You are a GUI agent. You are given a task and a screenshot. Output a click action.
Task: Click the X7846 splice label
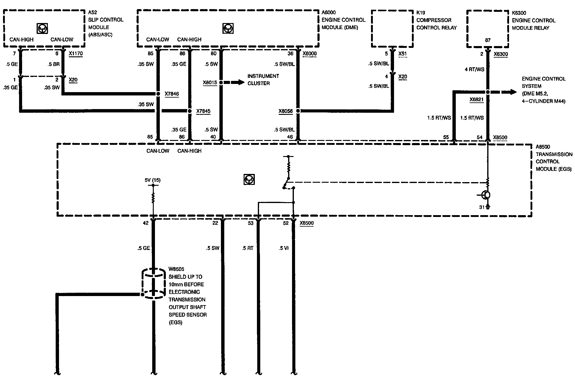coord(172,94)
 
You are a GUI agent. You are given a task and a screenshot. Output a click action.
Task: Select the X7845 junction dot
coord(190,111)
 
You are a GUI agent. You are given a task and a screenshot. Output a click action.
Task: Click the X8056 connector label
coord(285,111)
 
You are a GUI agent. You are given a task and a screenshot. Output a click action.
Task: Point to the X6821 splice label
coord(476,99)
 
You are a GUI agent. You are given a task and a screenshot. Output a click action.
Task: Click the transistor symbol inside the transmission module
coord(486,195)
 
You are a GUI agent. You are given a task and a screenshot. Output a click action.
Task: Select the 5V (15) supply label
coord(153,180)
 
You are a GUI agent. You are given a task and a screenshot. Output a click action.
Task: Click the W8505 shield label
coord(176,269)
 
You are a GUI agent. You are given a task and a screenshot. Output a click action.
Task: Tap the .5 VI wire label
coord(284,248)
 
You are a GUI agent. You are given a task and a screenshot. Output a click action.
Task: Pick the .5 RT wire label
coord(247,248)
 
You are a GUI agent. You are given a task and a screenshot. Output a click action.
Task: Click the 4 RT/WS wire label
coord(474,69)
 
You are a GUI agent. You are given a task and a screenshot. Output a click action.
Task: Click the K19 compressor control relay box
coord(392,29)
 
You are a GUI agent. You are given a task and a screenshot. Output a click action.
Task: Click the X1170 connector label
coord(76,54)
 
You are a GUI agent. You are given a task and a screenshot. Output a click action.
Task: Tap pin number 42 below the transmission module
coord(146,223)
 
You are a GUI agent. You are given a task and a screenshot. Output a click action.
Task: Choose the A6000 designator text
coord(329,13)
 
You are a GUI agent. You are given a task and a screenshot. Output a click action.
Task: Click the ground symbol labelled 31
coord(487,207)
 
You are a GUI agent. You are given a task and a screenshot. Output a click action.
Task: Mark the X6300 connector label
coord(501,55)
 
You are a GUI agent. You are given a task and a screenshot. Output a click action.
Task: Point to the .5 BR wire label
coord(54,64)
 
